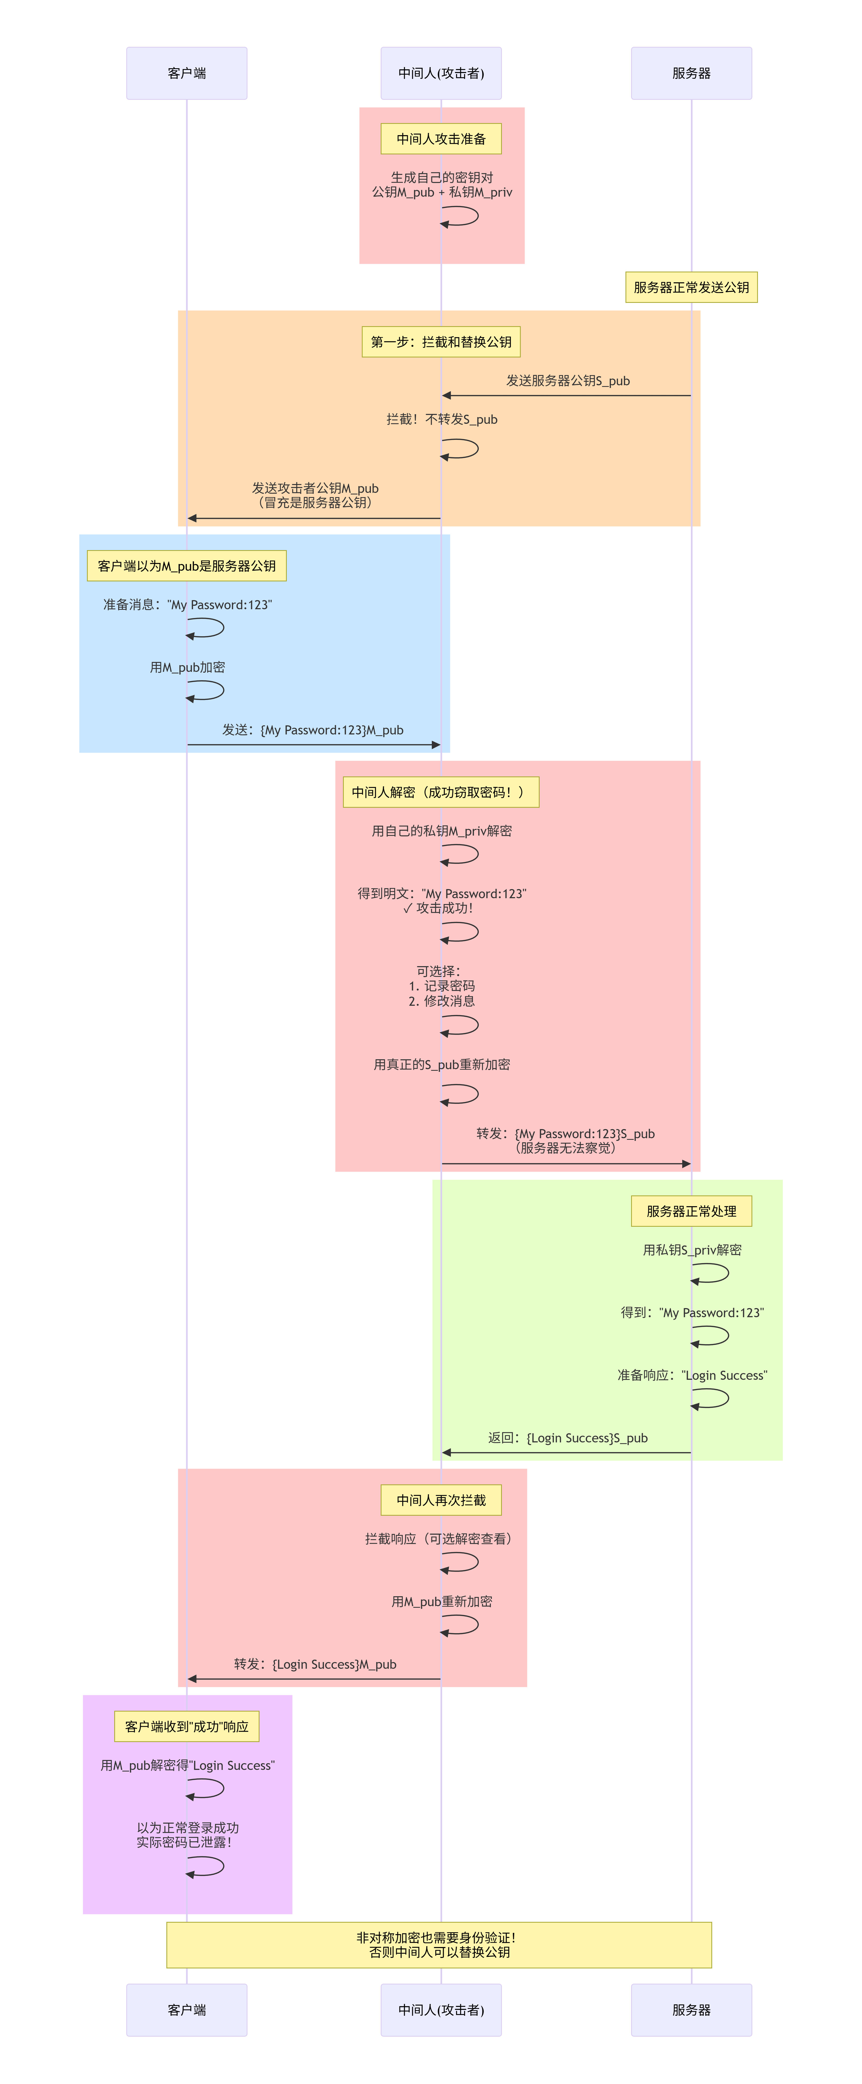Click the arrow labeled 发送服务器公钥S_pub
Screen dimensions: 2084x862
pos(566,396)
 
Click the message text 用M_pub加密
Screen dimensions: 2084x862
pos(187,668)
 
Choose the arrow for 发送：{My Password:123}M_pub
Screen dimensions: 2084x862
pos(314,744)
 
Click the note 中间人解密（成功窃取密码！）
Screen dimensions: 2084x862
pos(441,792)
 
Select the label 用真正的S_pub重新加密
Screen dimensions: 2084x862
pos(441,1065)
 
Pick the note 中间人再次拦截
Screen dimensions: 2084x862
pos(441,1500)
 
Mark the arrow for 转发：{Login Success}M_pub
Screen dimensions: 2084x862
pos(314,1679)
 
